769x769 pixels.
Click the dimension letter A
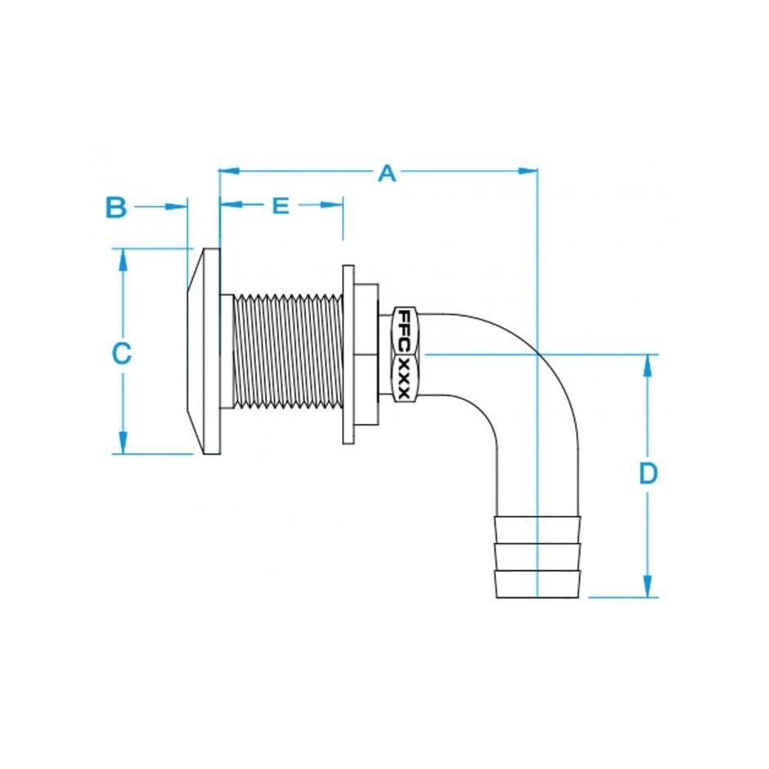point(387,173)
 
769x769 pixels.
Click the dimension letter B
point(116,208)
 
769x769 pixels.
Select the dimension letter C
point(121,353)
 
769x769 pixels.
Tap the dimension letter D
point(648,474)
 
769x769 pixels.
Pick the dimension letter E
point(281,205)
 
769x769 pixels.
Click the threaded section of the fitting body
point(282,352)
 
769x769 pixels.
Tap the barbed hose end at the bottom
point(537,556)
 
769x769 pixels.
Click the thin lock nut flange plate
point(348,354)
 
